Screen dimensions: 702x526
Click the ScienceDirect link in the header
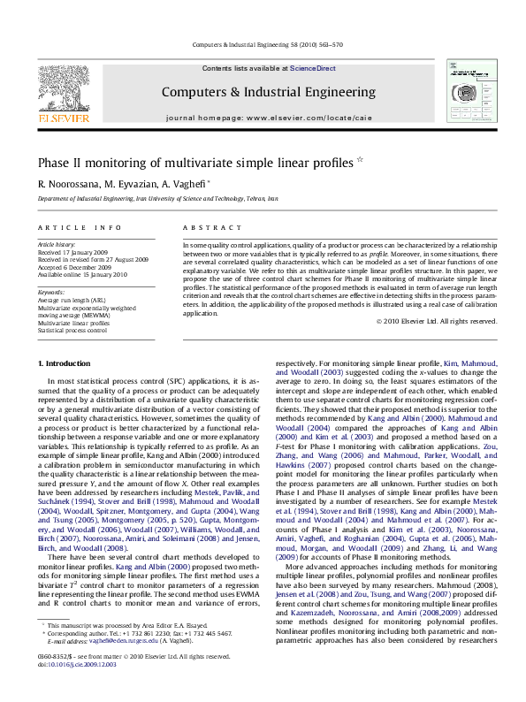tap(313, 68)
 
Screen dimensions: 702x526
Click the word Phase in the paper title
tap(55, 164)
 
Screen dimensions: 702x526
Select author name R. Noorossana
tap(65, 183)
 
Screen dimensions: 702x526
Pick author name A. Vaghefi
tap(183, 183)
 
